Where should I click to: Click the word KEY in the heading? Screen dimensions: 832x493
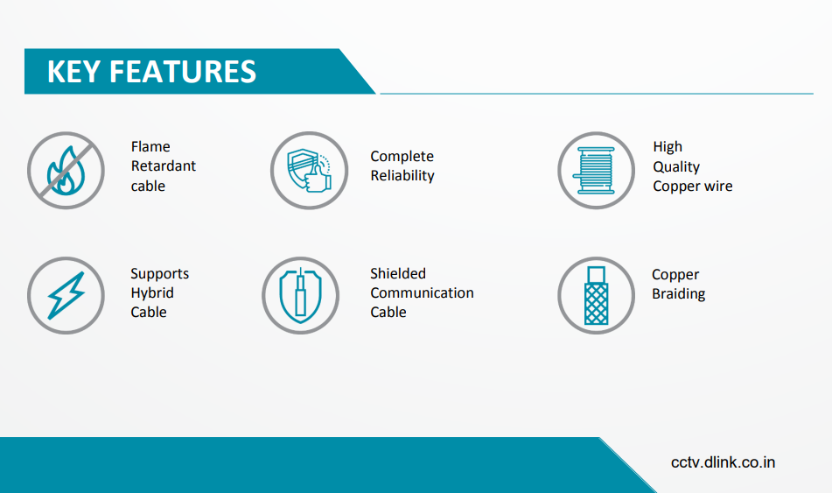[x=73, y=72]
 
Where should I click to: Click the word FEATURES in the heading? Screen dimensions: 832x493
[x=183, y=72]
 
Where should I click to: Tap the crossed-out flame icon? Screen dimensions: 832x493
[x=66, y=171]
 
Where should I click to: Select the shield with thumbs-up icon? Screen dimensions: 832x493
[x=309, y=171]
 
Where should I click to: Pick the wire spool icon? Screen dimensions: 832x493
[x=596, y=171]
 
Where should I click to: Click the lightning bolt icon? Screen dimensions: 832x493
[x=66, y=295]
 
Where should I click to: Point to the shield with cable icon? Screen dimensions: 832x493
[x=300, y=295]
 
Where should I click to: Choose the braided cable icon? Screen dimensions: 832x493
[x=596, y=295]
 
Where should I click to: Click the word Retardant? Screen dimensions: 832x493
[x=164, y=166]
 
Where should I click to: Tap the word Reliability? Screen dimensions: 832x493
[x=402, y=176]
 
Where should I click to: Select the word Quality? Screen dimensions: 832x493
[x=676, y=166]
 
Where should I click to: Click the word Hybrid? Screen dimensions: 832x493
[x=152, y=293]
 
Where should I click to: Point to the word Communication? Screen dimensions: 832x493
[x=422, y=292]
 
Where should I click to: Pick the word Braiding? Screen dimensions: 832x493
[x=679, y=293]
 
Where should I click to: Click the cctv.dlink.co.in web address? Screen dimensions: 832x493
[x=723, y=462]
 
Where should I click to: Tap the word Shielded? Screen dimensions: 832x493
[x=398, y=273]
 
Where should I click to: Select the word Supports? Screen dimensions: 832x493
[x=160, y=274]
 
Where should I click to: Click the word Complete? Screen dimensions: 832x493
[x=402, y=157]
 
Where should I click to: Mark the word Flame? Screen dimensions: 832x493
[x=150, y=146]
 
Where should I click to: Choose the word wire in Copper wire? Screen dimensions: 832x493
[x=719, y=187]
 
